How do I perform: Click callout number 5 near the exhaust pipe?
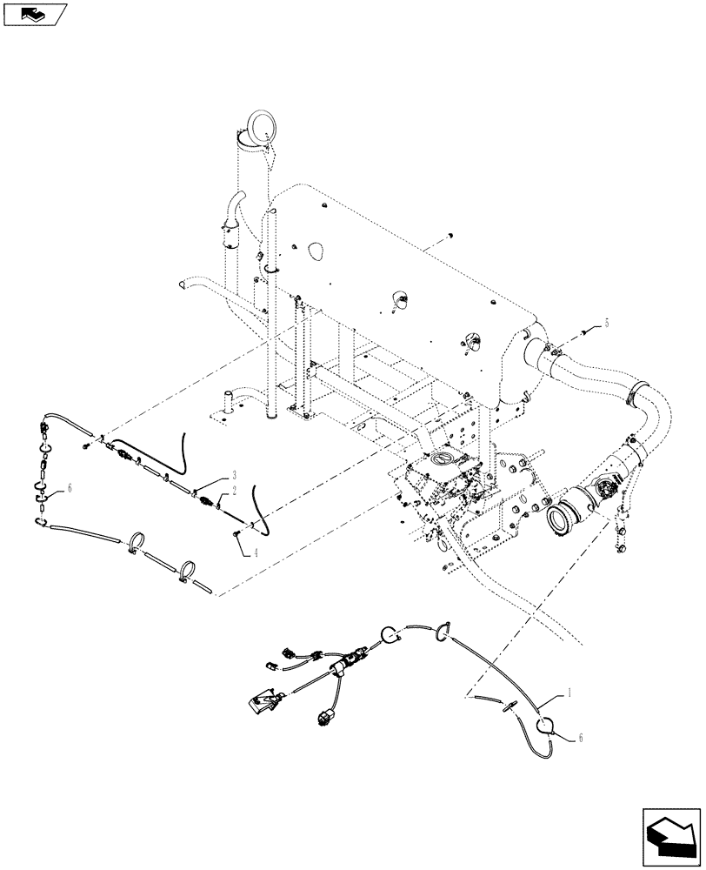point(606,323)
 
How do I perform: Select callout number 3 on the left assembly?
point(234,475)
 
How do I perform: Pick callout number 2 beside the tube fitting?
point(235,492)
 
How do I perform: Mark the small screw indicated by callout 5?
point(582,332)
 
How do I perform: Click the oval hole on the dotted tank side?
point(315,248)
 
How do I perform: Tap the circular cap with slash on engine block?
point(443,458)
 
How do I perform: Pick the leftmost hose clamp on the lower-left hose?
point(137,545)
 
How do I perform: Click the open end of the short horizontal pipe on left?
point(183,283)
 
